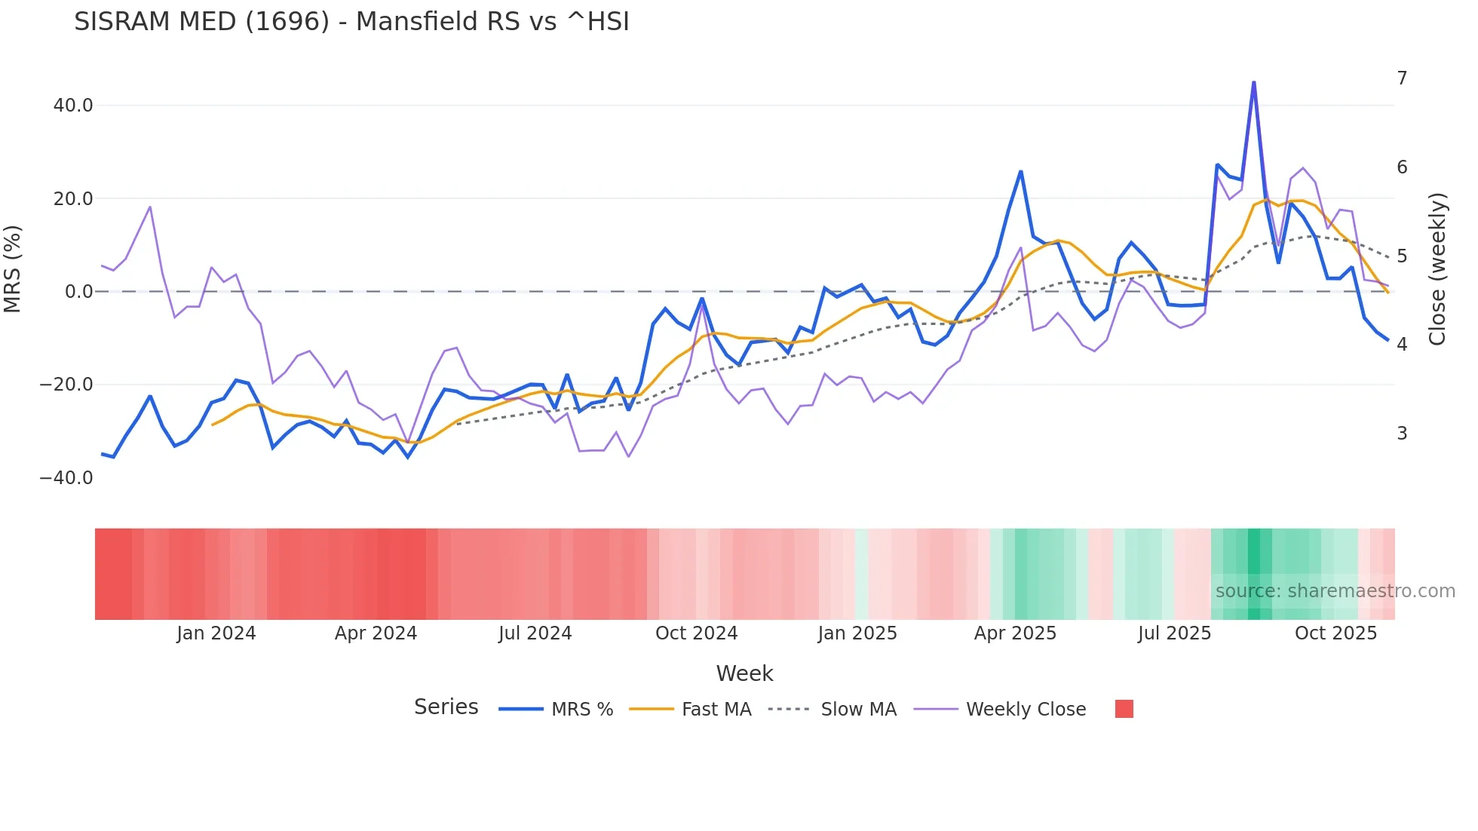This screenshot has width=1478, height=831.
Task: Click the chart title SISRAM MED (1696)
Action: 351,22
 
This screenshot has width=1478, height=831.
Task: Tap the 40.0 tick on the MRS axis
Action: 73,106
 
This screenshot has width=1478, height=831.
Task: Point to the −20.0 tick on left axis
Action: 66,385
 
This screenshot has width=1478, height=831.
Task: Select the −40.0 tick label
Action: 66,478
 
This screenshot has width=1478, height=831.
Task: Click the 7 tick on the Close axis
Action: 1402,78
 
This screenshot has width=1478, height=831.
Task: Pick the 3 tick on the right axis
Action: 1402,434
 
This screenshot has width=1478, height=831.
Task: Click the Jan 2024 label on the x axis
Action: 216,633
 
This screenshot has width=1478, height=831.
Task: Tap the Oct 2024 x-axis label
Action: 696,633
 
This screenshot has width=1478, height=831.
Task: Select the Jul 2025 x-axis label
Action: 1174,633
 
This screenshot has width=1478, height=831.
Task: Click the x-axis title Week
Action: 744,673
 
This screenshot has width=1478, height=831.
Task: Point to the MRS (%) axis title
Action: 13,269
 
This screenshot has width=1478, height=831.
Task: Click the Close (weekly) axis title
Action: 1437,269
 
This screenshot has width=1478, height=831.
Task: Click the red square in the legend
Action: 1124,709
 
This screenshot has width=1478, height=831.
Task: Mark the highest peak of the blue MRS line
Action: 1253,82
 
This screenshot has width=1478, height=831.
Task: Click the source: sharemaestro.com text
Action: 1335,591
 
